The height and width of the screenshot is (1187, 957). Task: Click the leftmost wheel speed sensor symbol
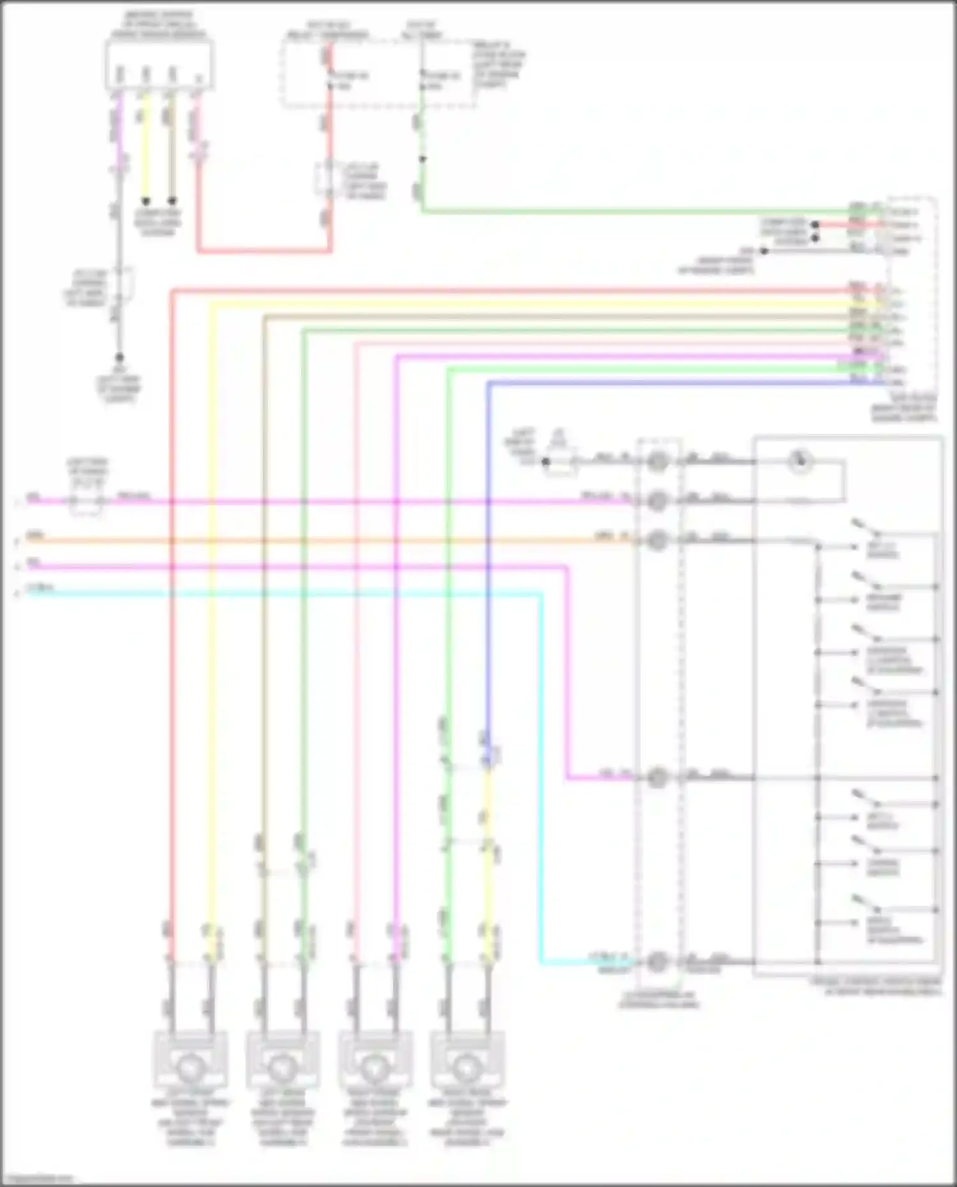189,1066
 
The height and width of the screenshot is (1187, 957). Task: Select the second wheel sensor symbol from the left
281,1066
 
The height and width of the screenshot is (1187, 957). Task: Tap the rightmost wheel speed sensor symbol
466,1066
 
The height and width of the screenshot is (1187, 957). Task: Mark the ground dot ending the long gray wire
119,358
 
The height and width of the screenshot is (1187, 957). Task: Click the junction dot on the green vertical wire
422,159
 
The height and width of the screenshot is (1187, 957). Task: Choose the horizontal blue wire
670,383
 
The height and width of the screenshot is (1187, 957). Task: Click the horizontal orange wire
319,541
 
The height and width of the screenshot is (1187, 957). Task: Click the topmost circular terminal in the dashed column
657,461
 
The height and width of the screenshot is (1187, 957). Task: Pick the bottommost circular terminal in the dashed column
657,962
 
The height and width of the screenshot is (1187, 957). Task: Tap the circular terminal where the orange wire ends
657,541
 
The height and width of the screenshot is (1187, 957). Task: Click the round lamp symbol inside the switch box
799,461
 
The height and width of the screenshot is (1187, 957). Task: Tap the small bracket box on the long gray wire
125,283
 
